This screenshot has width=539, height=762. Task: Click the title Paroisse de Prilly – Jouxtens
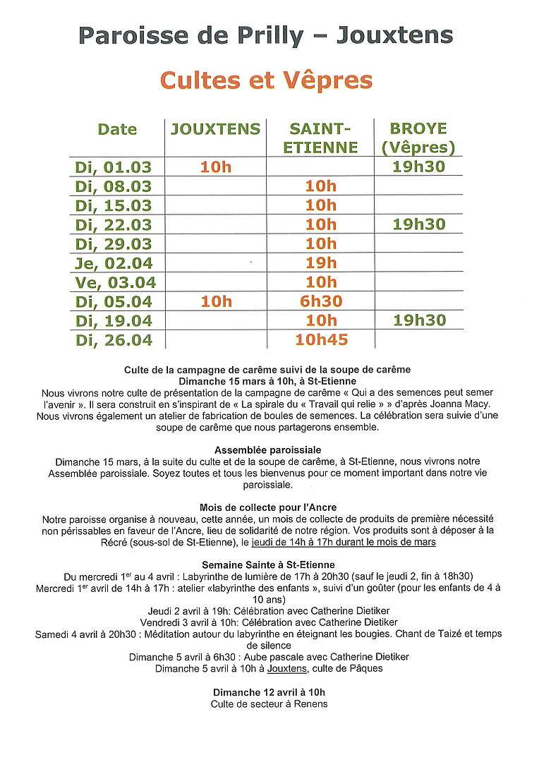(266, 35)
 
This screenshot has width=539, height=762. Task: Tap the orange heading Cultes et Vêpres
(266, 80)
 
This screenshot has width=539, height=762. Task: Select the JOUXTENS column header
(215, 129)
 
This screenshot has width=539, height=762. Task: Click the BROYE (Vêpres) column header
(418, 138)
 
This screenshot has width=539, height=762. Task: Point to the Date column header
(117, 129)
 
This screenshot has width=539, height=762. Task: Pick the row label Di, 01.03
(113, 167)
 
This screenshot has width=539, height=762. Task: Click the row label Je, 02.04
(113, 263)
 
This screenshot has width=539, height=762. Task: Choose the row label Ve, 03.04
(113, 282)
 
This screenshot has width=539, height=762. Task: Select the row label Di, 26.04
(113, 339)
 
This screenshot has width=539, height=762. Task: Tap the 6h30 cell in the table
(321, 301)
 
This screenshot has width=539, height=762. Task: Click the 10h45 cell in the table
(321, 339)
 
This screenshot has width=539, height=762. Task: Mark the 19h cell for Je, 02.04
(321, 263)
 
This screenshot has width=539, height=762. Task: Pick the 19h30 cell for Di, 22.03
(419, 224)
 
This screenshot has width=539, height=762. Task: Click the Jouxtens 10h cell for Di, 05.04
(216, 301)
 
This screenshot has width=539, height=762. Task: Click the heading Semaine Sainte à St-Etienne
(268, 564)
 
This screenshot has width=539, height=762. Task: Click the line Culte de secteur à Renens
(269, 703)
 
